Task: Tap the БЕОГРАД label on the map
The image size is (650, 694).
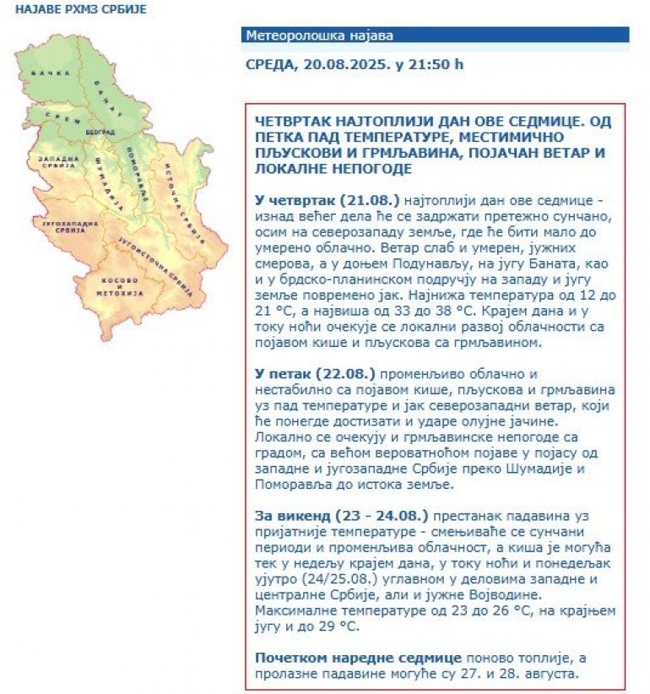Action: coord(99,133)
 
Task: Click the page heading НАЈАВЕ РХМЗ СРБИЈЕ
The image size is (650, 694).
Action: coord(74,9)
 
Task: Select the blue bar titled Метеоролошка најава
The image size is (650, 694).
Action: coord(435,35)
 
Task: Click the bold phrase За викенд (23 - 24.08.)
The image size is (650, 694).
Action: coord(341,515)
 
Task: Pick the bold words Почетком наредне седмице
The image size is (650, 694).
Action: coord(358,657)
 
